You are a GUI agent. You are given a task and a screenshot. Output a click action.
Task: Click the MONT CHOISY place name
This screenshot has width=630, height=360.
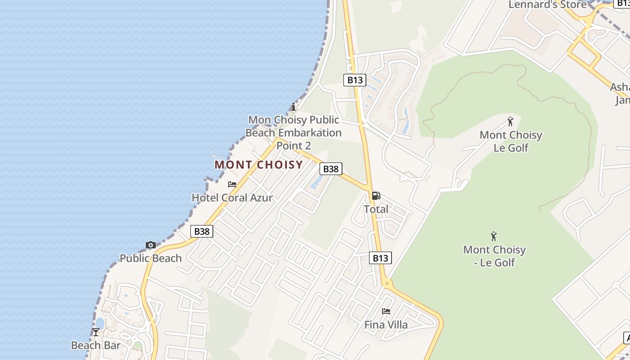tap(259, 165)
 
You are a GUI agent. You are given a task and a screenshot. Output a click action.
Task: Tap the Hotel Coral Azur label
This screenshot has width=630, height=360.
tap(232, 198)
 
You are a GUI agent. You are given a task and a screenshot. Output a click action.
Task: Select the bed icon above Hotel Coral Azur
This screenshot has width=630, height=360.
tap(232, 184)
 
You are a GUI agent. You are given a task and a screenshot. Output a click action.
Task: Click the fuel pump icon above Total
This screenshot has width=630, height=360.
tap(376, 196)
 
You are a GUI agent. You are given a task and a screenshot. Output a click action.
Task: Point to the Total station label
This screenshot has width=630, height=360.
tap(376, 209)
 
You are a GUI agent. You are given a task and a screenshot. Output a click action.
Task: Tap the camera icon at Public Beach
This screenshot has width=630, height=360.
tap(151, 245)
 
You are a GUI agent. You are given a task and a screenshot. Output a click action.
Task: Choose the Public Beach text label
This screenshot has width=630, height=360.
tap(151, 258)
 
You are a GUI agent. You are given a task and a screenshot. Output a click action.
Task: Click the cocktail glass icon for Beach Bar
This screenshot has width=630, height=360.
tap(96, 332)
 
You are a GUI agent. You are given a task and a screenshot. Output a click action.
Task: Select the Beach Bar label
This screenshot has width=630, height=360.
tap(96, 345)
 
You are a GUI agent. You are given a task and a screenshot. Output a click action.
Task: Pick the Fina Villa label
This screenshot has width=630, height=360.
tap(386, 324)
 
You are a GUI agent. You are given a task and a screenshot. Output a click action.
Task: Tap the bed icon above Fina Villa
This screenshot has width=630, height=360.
tap(386, 311)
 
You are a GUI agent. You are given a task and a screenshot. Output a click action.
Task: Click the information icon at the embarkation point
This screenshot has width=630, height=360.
tap(293, 107)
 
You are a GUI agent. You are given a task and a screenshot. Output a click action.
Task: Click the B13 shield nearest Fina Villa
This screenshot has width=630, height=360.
tap(380, 258)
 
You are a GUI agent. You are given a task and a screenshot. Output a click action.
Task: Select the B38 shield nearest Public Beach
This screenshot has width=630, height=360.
tap(202, 231)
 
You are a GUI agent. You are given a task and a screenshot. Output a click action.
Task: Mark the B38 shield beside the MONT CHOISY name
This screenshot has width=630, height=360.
tap(331, 169)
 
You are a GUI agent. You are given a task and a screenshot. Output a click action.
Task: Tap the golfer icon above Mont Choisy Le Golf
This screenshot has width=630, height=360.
tap(510, 121)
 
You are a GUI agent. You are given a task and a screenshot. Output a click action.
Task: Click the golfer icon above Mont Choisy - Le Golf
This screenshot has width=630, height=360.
tap(494, 236)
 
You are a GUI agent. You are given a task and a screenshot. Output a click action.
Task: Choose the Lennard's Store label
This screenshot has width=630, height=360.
tap(548, 5)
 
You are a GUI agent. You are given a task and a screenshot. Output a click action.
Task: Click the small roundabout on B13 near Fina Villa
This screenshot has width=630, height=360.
tap(387, 283)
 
